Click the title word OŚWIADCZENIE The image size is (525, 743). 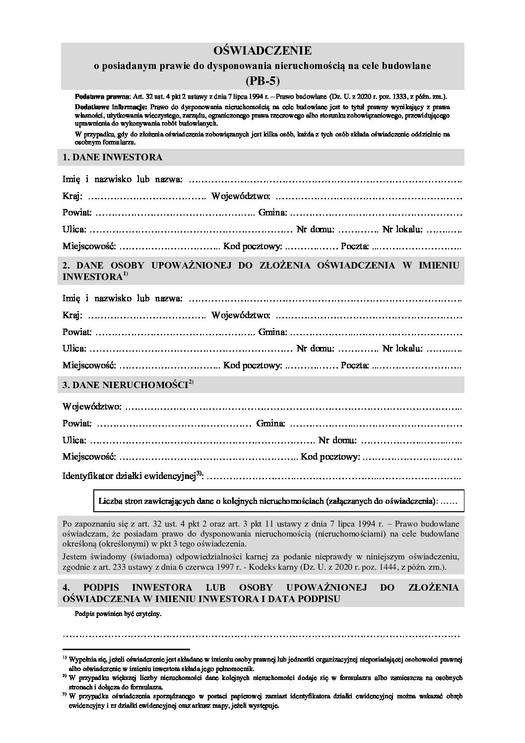[262, 51]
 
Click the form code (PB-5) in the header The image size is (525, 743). [262, 79]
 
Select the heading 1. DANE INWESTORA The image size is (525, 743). [113, 157]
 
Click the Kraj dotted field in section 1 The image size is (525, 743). [146, 197]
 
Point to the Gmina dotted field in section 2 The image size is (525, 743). [376, 333]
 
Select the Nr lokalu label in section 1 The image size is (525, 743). [402, 229]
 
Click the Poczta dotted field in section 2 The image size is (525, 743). [417, 366]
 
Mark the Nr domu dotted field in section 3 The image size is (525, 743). [411, 441]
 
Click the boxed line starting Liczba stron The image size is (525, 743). [278, 501]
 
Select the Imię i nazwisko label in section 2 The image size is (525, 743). [123, 298]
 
